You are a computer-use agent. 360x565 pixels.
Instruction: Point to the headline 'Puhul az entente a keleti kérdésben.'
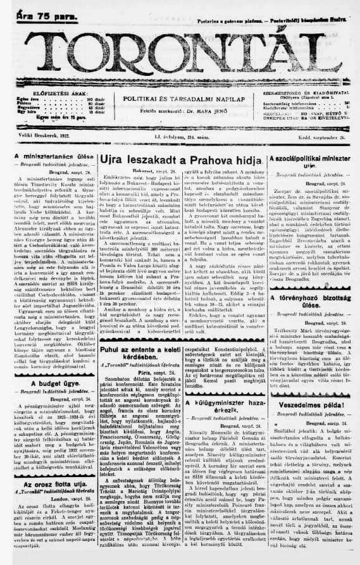point(139,351)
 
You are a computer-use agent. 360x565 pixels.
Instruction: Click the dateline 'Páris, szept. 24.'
point(138,373)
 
